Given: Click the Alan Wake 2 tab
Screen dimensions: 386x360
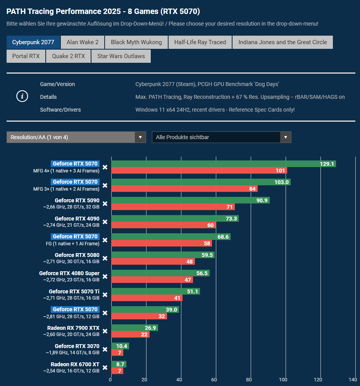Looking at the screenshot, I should coord(83,42).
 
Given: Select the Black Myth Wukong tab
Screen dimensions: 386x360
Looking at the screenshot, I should coord(136,42).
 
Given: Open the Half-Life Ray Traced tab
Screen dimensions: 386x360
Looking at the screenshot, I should coord(200,42).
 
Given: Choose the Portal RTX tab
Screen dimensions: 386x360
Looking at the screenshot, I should coord(26,56).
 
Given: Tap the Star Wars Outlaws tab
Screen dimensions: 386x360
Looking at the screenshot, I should coord(121,56).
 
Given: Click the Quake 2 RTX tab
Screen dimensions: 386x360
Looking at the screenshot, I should coord(69,56).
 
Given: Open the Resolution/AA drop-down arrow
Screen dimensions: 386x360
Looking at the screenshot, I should coord(140,137).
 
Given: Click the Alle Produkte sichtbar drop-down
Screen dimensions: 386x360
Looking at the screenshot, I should coord(221,137).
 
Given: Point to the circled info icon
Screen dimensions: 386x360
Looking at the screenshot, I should coord(22,97).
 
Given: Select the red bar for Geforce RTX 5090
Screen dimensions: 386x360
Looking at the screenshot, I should coord(173,207).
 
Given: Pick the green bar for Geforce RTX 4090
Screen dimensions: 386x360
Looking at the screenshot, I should coord(175,219).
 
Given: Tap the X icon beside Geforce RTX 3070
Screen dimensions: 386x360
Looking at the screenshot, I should coord(105,349).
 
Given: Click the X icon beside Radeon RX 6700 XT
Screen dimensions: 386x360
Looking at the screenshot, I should coord(105,367).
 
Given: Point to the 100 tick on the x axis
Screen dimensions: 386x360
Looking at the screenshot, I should coord(286,380).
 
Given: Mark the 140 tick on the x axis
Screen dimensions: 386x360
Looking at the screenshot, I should coord(353,380).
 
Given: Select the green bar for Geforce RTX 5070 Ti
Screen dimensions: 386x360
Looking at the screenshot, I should coord(155,291).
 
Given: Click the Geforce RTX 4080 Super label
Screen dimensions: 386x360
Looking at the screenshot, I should coord(69,273).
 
